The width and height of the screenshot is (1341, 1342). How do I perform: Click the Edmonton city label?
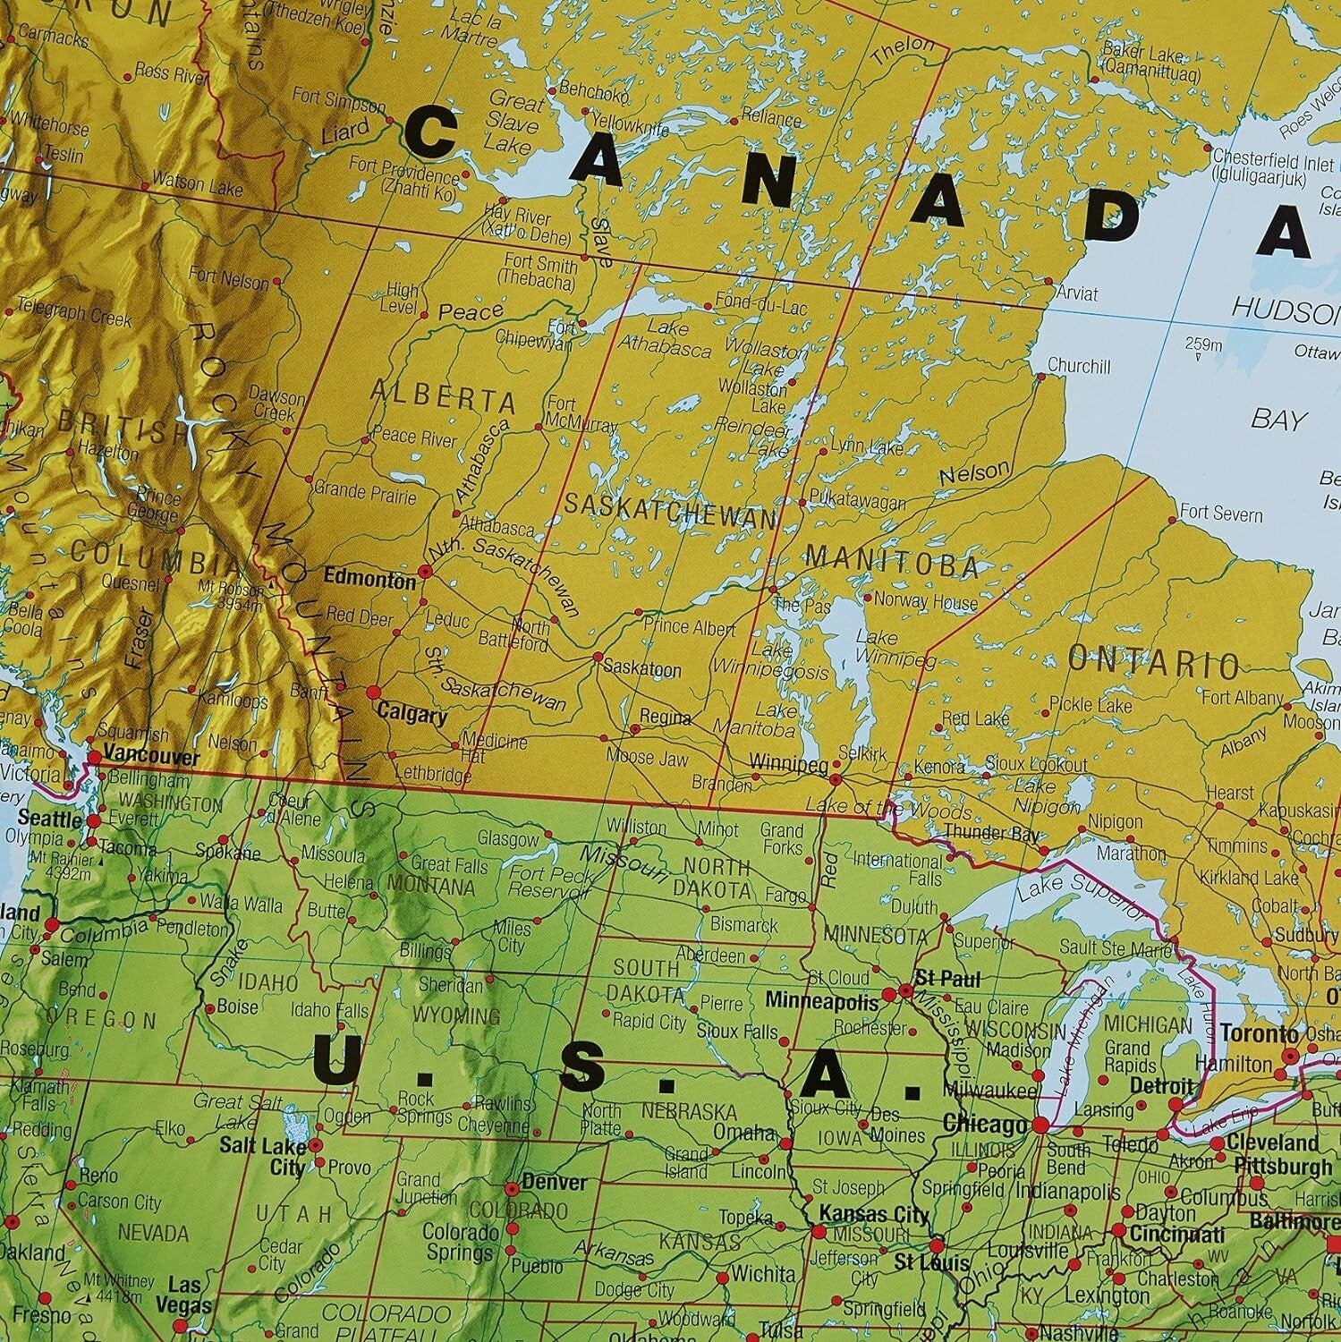tap(369, 578)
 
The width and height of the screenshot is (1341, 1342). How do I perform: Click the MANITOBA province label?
tap(892, 564)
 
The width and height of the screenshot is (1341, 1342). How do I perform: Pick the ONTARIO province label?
tap(1154, 663)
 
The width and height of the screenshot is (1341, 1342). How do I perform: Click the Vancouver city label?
tap(151, 756)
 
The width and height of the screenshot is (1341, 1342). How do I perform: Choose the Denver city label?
tap(554, 1182)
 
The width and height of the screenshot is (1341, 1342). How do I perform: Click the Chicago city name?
tap(983, 1125)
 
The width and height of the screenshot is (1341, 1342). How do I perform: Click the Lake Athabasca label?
tap(664, 338)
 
